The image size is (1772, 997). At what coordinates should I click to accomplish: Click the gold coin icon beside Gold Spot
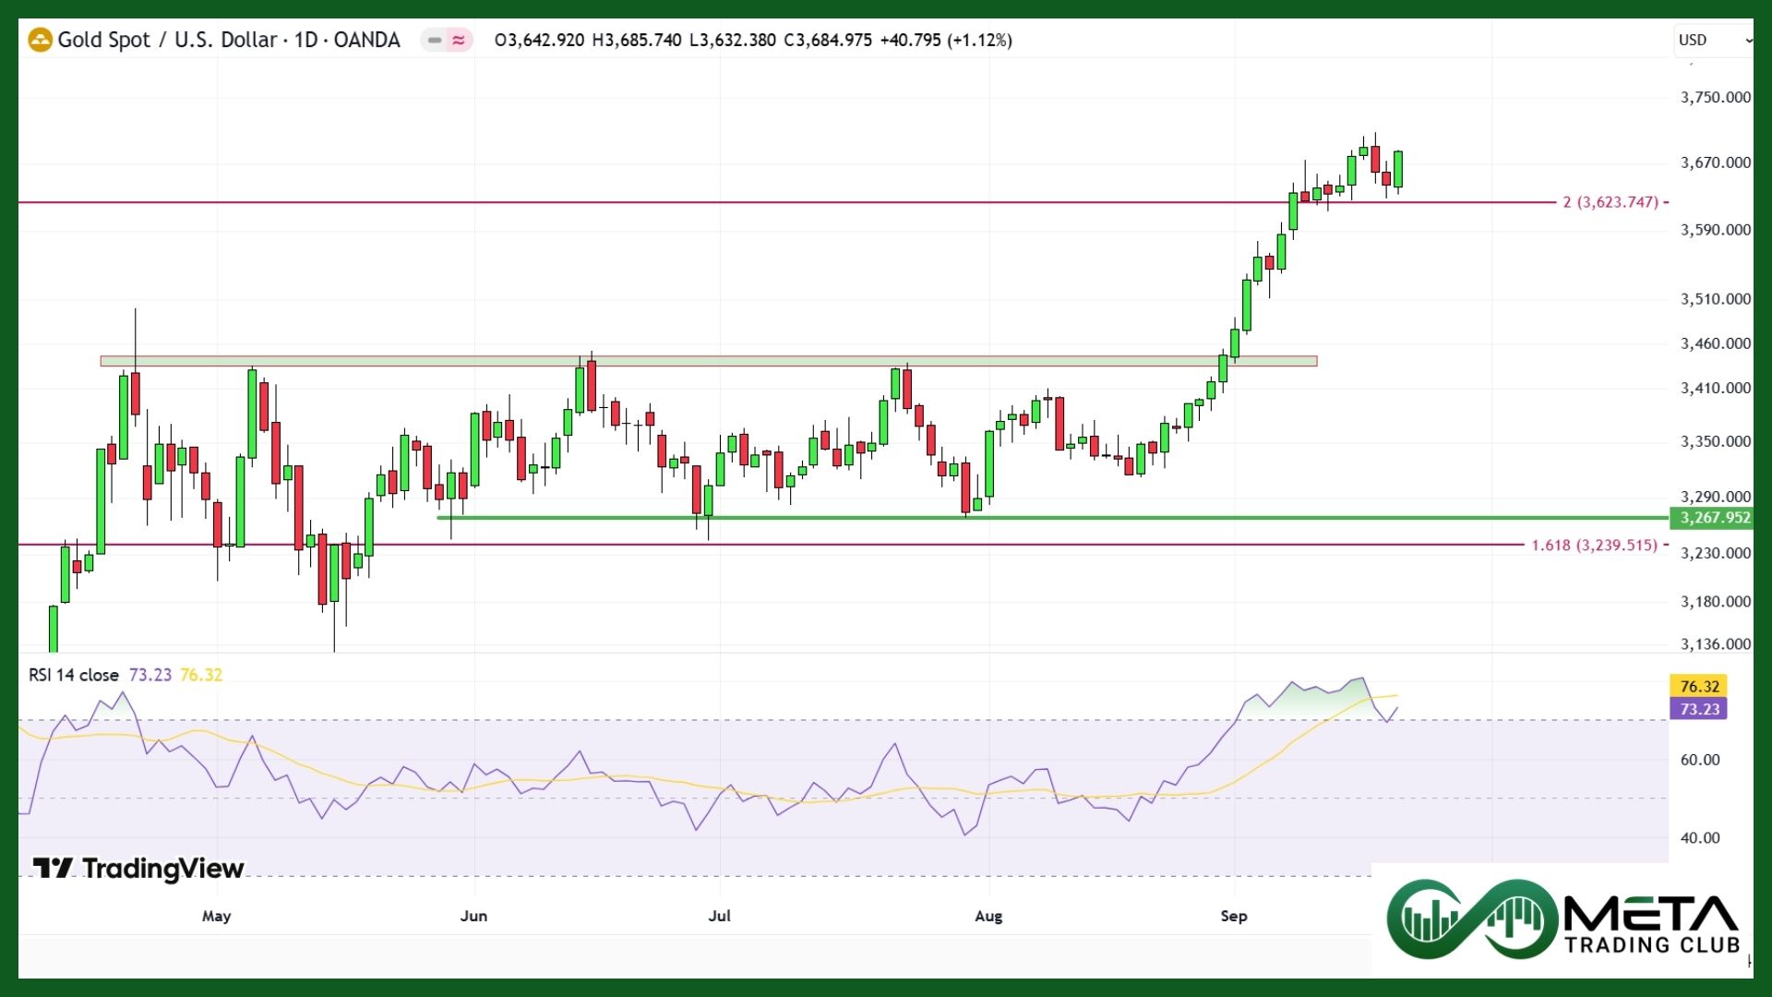40,40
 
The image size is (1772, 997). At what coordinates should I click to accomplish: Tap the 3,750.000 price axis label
1715,97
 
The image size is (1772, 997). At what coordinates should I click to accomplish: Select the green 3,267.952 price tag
1714,518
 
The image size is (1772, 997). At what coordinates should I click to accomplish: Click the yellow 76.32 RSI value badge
1698,686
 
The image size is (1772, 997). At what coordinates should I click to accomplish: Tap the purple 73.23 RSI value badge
1698,709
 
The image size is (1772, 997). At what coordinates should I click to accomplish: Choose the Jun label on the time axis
473,916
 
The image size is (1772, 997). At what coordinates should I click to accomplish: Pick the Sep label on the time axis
1233,916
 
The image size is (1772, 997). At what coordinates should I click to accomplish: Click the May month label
216,916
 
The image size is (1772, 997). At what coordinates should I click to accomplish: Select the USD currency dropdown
1713,40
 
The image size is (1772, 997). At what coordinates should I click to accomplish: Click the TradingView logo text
162,869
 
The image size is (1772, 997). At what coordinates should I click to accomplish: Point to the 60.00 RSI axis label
1699,760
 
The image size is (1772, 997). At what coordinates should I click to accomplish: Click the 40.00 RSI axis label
1699,838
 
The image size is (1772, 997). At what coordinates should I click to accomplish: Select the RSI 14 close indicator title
74,675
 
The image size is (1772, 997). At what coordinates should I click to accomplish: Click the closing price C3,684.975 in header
827,40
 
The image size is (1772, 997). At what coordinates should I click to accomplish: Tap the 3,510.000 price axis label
1715,299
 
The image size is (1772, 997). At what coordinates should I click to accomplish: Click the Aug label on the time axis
988,916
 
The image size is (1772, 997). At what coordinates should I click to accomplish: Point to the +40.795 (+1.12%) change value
946,40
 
